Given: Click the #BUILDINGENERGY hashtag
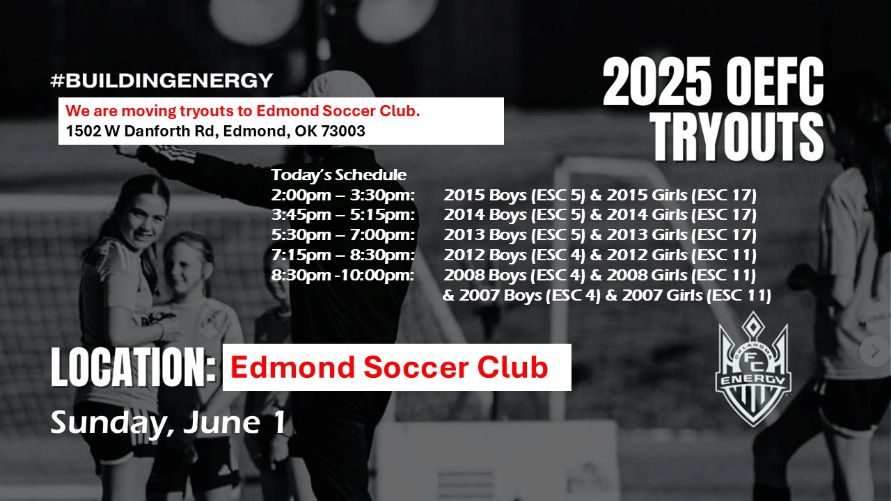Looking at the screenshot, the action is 161,80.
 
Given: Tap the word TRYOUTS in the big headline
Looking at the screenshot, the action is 739,137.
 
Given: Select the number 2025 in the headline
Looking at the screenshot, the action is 657,81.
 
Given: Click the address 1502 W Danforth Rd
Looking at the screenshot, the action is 141,131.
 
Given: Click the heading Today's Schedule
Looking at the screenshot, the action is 339,175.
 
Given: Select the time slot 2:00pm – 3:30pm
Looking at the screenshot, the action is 343,196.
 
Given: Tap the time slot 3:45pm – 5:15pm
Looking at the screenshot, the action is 343,215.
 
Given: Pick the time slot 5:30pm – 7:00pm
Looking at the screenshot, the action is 343,234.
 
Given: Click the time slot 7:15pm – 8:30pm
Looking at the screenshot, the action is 343,255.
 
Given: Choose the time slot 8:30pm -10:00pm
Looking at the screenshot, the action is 342,275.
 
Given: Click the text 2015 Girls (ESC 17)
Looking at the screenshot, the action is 681,196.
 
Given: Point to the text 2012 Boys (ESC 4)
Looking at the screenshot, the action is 514,255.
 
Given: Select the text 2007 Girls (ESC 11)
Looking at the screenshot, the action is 697,296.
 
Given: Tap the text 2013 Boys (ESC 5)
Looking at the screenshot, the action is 514,235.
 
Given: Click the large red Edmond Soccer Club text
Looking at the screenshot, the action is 389,367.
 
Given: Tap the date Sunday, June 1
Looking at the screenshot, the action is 168,422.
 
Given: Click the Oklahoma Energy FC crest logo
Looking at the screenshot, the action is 753,369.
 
